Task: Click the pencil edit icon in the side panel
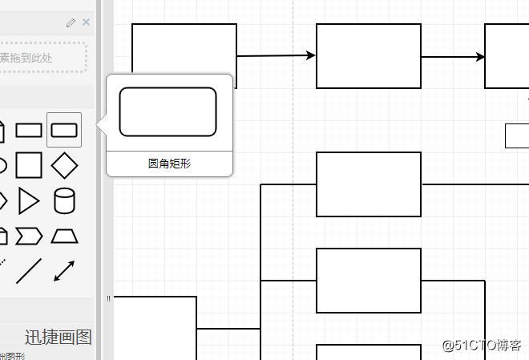pyautogui.click(x=71, y=22)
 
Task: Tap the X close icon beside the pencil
pyautogui.click(x=86, y=22)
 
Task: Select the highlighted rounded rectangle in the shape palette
pyautogui.click(x=64, y=130)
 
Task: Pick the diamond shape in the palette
pyautogui.click(x=64, y=165)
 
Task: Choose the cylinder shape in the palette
pyautogui.click(x=64, y=200)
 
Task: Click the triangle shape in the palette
pyautogui.click(x=29, y=200)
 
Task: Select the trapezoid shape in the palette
pyautogui.click(x=64, y=236)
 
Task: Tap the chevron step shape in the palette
pyautogui.click(x=29, y=236)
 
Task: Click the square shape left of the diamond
pyautogui.click(x=29, y=165)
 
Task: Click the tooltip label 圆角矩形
pyautogui.click(x=169, y=164)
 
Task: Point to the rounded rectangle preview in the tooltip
pyautogui.click(x=168, y=112)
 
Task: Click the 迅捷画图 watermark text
pyautogui.click(x=58, y=337)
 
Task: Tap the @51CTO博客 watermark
pyautogui.click(x=482, y=346)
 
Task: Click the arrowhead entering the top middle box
pyautogui.click(x=311, y=55)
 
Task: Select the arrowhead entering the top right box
pyautogui.click(x=479, y=57)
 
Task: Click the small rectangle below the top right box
pyautogui.click(x=517, y=136)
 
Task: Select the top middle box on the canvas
pyautogui.click(x=369, y=56)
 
